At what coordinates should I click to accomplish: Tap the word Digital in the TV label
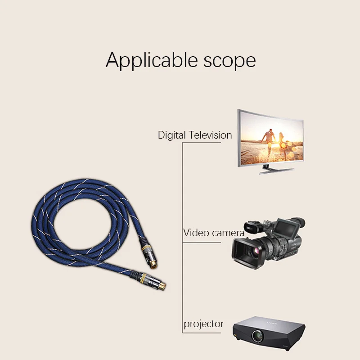click(x=172, y=135)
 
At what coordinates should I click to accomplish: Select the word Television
click(x=211, y=135)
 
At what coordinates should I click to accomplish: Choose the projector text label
click(x=203, y=324)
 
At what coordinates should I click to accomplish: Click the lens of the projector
click(x=257, y=335)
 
